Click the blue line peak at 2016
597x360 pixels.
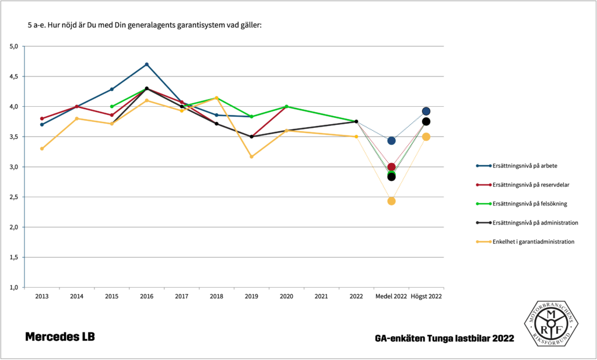(146, 64)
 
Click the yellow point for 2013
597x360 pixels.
(42, 149)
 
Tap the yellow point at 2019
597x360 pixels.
(251, 157)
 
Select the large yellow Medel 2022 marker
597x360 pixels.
(391, 201)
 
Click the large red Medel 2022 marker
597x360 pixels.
(391, 167)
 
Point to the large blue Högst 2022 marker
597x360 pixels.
(426, 111)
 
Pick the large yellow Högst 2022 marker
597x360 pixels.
(426, 137)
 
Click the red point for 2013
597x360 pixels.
(42, 118)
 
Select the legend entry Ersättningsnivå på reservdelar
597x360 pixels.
(531, 185)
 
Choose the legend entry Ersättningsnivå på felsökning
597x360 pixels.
(530, 204)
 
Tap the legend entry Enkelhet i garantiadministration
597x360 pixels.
(533, 242)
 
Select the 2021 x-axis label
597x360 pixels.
(321, 296)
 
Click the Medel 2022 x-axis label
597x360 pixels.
(391, 296)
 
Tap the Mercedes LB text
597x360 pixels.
(59, 337)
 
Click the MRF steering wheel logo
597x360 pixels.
(550, 323)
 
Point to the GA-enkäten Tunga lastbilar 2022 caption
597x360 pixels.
(444, 338)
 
